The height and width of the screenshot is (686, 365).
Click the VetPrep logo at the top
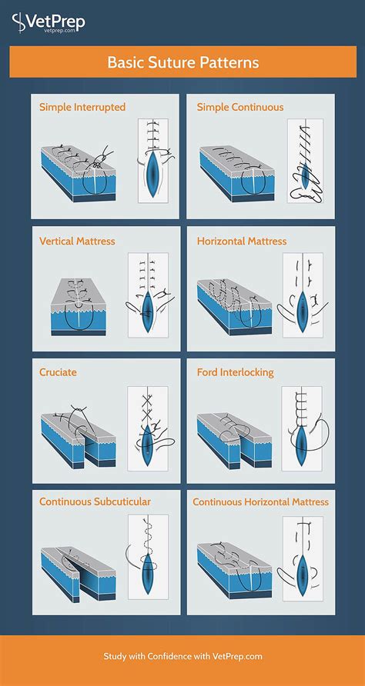(x=49, y=22)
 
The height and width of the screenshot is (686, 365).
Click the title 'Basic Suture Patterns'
(x=183, y=62)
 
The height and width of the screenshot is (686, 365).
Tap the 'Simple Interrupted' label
(x=82, y=107)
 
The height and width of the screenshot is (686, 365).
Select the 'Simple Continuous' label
(x=240, y=107)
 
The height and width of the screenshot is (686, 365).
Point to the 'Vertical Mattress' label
(x=77, y=241)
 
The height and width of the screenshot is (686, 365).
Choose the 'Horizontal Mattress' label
(x=242, y=241)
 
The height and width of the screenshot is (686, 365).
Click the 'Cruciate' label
(x=58, y=372)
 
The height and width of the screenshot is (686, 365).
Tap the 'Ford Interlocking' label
(x=236, y=372)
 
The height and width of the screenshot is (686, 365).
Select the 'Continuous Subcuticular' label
(x=95, y=501)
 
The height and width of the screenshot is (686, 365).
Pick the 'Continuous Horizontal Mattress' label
(x=261, y=502)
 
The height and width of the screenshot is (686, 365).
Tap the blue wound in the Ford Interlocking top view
(x=301, y=444)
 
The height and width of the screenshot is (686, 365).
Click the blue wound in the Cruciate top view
(x=148, y=444)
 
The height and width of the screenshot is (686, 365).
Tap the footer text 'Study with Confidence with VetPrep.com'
(x=183, y=656)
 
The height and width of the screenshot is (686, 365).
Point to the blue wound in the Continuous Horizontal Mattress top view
(x=303, y=574)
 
